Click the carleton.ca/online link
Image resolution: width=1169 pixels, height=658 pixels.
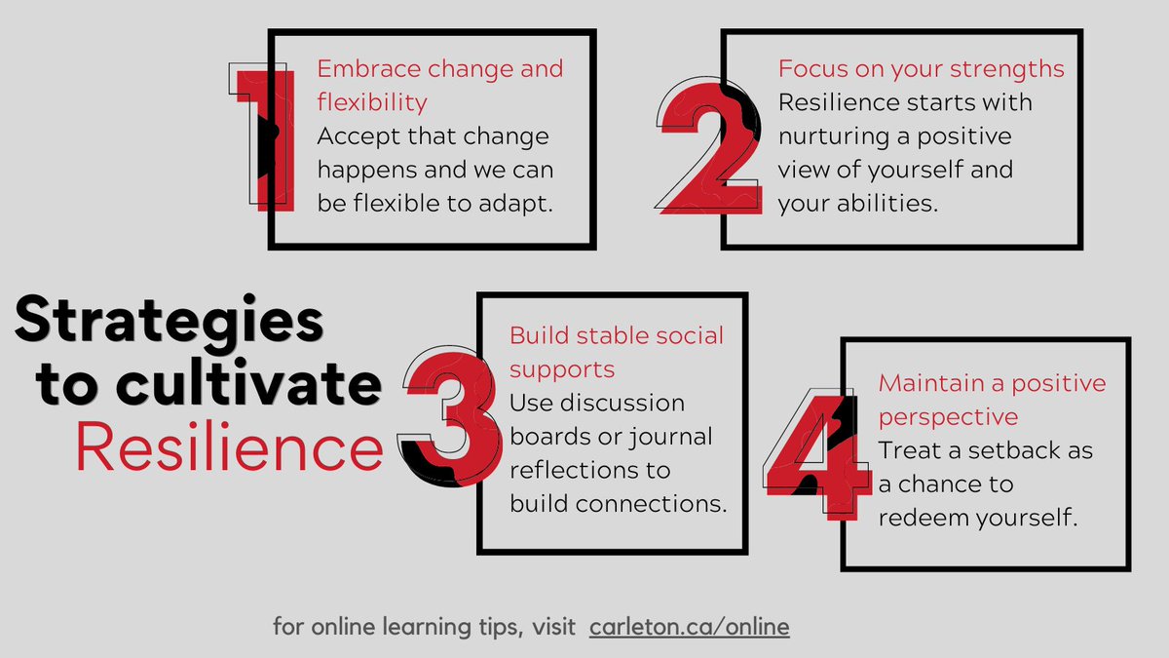689,627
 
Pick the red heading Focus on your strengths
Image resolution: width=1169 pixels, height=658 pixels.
921,69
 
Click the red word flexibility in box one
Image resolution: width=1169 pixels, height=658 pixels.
372,101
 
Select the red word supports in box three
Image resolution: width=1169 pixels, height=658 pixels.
562,369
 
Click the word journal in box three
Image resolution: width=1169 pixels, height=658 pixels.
669,436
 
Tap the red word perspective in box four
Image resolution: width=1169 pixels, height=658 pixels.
948,416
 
